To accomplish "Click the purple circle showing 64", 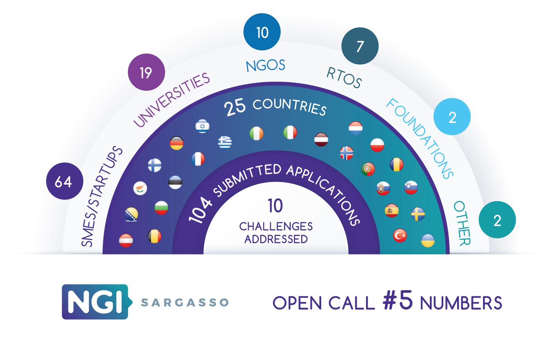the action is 65,181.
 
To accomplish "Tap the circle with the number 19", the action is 146,72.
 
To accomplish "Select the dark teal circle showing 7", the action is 360,46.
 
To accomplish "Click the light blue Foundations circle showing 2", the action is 452,117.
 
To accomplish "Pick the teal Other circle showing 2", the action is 497,220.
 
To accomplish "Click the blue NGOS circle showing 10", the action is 262,32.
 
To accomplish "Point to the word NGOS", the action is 266,66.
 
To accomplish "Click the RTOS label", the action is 344,78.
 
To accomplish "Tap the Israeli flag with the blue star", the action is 202,126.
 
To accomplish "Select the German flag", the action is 177,143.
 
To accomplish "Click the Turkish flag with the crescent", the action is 400,236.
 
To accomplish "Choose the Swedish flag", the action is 418,214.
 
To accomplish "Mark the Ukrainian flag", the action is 428,241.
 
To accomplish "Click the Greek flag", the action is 225,142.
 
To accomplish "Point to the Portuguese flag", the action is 368,169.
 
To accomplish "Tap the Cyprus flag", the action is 140,188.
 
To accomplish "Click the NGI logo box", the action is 97,302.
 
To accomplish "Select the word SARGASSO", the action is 185,302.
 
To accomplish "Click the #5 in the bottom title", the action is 398,301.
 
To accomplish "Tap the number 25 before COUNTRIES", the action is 235,107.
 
